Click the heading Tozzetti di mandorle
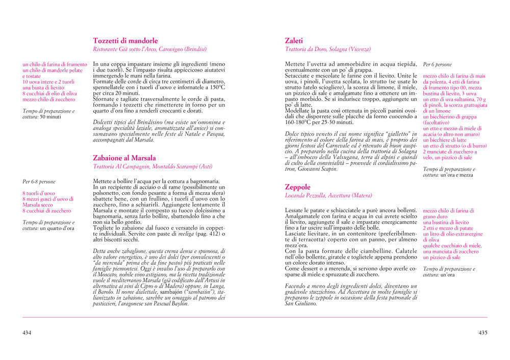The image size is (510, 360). [x=125, y=41]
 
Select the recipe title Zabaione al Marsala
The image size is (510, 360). [x=124, y=158]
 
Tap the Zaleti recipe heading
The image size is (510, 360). [x=294, y=41]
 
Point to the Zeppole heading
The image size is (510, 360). [x=297, y=187]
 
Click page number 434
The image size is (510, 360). [x=27, y=332]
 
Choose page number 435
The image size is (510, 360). [x=482, y=332]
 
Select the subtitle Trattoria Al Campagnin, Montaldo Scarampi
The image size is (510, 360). [x=152, y=167]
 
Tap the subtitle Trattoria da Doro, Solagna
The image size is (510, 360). [x=328, y=49]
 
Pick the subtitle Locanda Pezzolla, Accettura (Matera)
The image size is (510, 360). [x=328, y=195]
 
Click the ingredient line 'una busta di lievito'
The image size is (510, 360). [x=44, y=88]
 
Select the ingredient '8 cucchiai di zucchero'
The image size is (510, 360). [x=47, y=211]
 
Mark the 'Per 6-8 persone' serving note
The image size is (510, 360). [x=39, y=182]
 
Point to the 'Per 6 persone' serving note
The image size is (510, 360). [x=438, y=65]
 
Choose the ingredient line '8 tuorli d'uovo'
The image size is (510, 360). [x=39, y=193]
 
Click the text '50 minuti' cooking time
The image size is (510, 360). [x=50, y=117]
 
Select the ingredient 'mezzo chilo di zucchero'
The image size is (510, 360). [x=49, y=99]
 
